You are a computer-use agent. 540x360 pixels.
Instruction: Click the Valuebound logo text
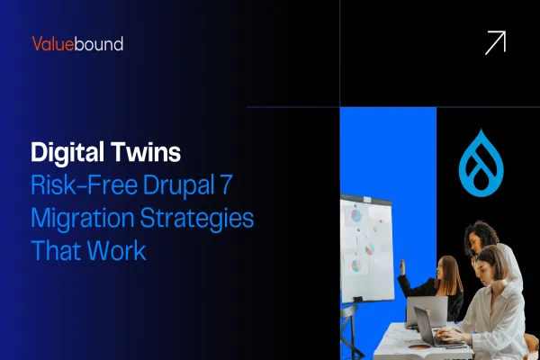[77, 43]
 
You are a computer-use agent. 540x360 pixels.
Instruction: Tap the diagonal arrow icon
[494, 42]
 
